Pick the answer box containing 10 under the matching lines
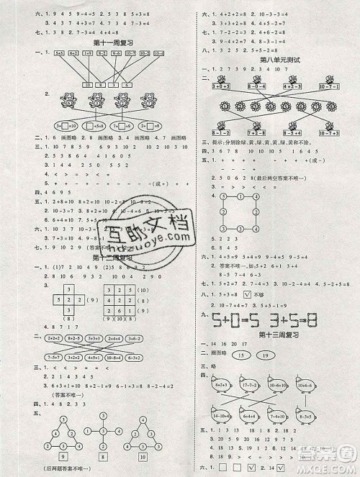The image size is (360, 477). click(86, 83)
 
